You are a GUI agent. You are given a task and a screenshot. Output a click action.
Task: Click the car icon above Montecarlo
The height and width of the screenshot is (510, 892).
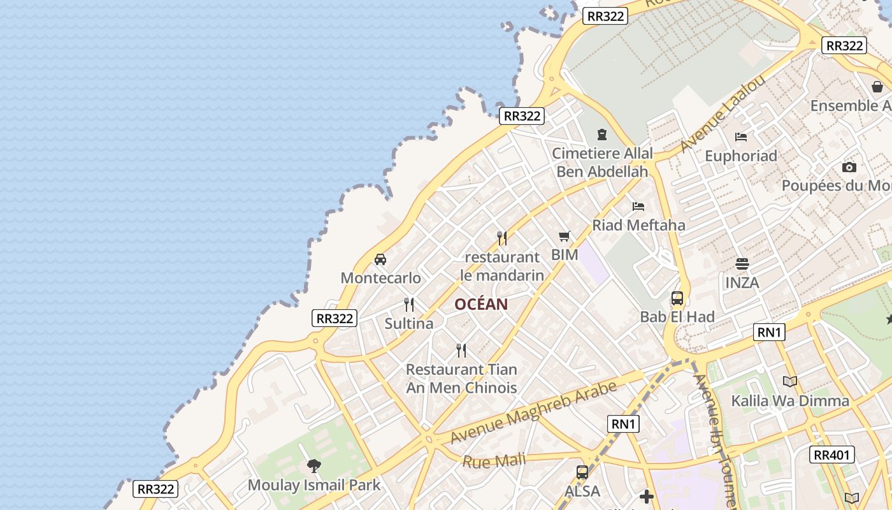[380, 259]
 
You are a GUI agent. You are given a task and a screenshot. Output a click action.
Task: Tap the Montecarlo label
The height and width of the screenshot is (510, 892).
[380, 278]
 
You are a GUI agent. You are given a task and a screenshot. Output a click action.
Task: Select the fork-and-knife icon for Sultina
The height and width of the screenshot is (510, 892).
[409, 305]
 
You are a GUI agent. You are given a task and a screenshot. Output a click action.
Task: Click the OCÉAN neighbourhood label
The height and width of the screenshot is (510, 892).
[481, 304]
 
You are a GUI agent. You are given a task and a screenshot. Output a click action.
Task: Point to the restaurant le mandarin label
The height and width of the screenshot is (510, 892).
[502, 266]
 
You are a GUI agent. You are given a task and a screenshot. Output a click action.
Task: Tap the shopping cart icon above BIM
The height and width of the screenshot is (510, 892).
[565, 237]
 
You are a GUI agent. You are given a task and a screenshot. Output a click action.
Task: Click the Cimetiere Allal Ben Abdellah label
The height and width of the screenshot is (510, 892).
[602, 163]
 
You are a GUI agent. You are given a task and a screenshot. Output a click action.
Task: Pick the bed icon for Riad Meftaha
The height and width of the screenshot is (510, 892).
[638, 206]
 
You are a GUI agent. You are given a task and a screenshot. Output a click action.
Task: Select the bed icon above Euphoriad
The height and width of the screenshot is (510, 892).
[741, 137]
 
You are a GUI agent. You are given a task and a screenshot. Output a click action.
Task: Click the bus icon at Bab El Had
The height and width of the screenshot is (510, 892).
[677, 298]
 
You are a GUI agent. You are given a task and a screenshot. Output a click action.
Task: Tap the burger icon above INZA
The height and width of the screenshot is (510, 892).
[742, 263]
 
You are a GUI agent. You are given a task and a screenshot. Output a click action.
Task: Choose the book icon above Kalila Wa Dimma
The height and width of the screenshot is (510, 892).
[790, 381]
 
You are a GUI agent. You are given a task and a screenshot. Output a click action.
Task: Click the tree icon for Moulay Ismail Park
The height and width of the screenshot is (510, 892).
[314, 466]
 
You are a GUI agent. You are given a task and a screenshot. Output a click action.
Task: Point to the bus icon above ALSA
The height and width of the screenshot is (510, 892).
[582, 472]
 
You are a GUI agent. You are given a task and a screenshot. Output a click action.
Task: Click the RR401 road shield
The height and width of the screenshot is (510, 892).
[832, 455]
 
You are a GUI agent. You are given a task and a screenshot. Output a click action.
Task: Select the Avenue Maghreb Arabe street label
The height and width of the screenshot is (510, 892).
[534, 412]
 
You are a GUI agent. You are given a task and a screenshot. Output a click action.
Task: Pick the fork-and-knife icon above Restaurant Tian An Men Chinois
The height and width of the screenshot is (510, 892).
[461, 350]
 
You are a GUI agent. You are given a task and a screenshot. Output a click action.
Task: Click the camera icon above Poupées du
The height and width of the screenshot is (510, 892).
[849, 167]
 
